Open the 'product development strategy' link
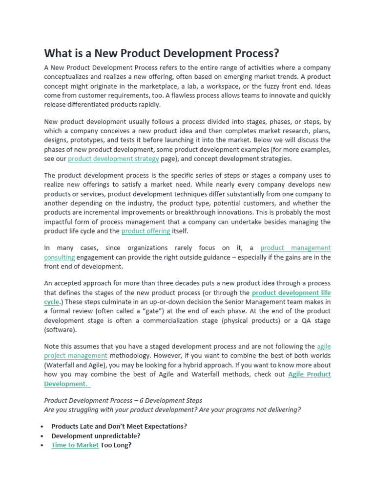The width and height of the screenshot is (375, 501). tap(113, 159)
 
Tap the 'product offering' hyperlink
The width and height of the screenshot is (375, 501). tap(146, 231)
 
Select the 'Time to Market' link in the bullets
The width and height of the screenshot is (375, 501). tap(75, 445)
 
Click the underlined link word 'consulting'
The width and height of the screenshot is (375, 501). tap(59, 257)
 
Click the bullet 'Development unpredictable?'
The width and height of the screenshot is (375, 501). tap(96, 435)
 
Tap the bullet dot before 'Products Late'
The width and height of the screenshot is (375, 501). tap(45, 426)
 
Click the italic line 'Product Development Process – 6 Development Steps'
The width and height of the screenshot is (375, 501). tap(123, 400)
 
